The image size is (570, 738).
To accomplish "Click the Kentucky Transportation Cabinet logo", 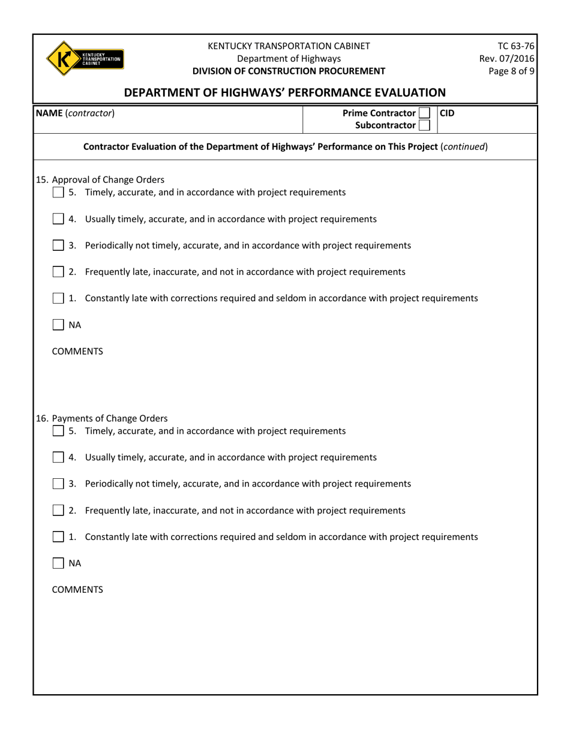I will click(84, 58).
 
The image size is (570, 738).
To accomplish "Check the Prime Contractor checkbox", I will click(424, 113).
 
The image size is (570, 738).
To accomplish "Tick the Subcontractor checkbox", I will click(424, 125).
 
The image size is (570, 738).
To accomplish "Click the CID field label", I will click(448, 113).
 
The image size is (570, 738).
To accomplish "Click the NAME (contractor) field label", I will click(75, 113).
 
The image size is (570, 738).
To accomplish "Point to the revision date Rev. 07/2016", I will click(507, 58).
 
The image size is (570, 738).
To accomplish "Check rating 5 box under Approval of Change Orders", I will click(58, 193).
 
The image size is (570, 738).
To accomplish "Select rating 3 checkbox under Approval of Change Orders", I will click(58, 245).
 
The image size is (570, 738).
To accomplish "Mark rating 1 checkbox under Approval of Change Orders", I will click(58, 298).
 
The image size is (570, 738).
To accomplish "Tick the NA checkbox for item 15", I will click(58, 325).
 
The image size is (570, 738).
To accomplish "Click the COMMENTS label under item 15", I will click(77, 352).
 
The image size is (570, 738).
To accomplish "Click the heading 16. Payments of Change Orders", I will click(102, 418).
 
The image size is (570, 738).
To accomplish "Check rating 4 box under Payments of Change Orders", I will click(58, 457).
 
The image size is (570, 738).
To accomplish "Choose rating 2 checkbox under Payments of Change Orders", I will click(58, 511).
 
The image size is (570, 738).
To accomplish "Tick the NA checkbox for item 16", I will click(58, 563).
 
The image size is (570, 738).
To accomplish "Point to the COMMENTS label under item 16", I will click(77, 590).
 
